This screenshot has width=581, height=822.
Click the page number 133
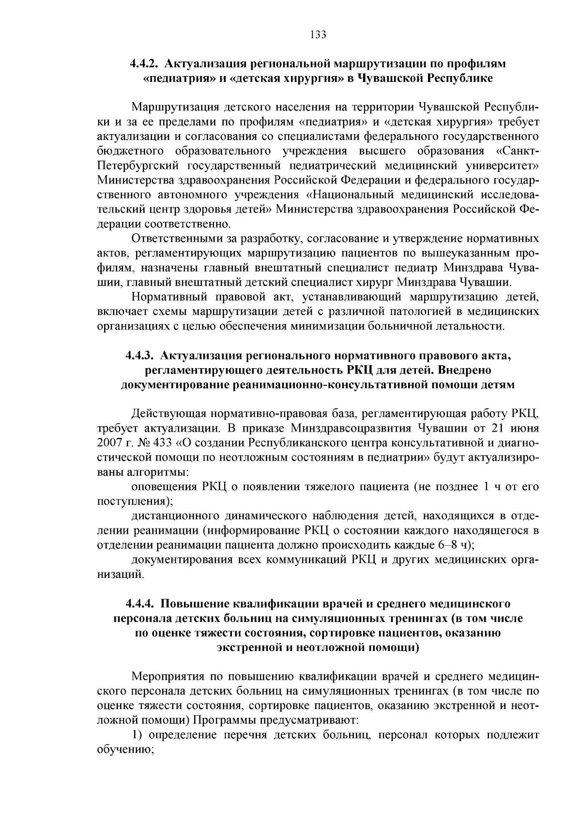coord(318,35)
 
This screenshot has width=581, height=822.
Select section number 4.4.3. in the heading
coord(140,356)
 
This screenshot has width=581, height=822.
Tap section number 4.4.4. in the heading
coord(140,604)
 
